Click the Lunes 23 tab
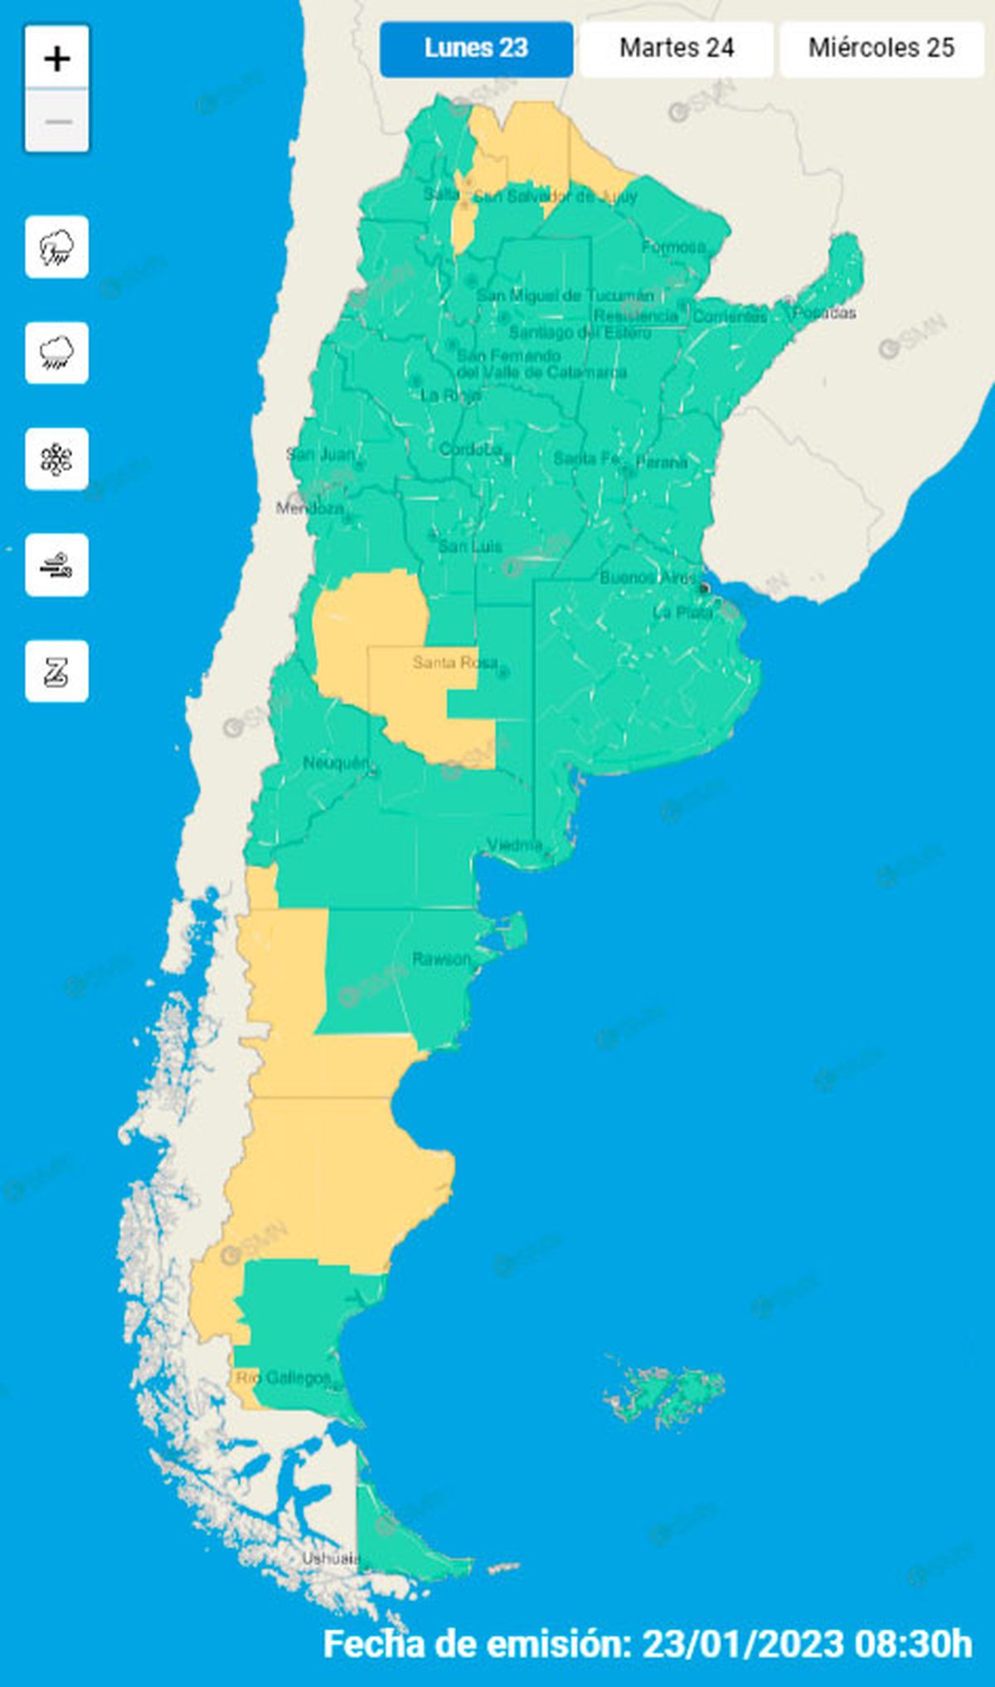[476, 48]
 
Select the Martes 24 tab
[677, 48]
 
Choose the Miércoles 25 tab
[881, 48]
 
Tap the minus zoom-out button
[57, 121]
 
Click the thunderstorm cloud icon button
[56, 247]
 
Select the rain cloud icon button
[56, 353]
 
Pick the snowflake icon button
[56, 459]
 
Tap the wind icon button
[56, 566]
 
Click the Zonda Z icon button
[56, 672]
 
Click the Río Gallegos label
[284, 1378]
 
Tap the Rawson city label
[441, 959]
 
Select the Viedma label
[515, 845]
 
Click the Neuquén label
[335, 762]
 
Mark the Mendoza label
[309, 508]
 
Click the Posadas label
[824, 313]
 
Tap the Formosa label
[673, 246]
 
